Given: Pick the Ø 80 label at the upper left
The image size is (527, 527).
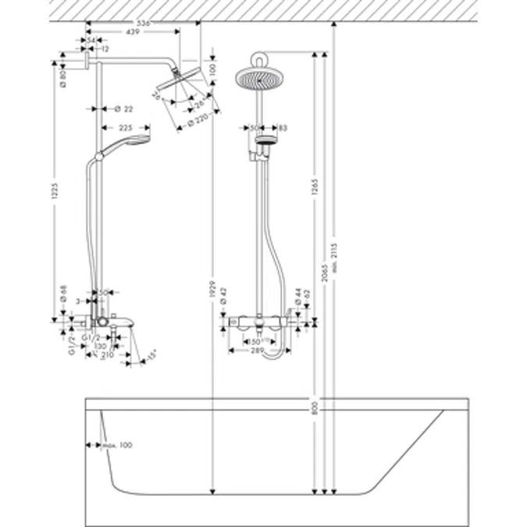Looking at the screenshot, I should (x=62, y=77).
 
